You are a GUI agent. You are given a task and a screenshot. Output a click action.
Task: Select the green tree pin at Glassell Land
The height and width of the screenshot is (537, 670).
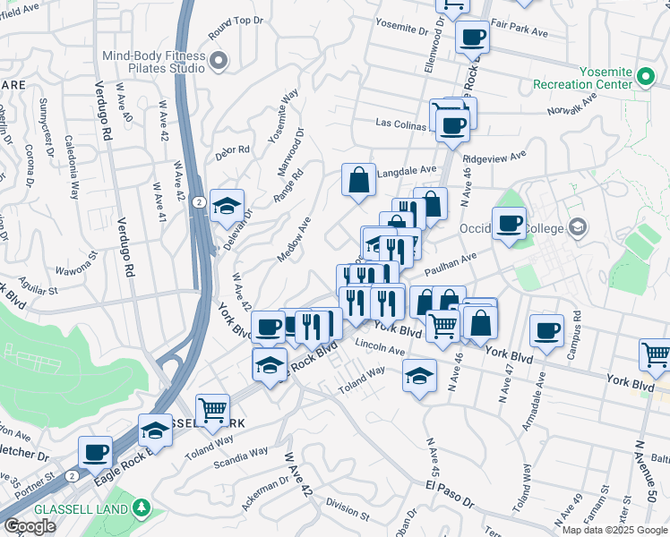point(140,508)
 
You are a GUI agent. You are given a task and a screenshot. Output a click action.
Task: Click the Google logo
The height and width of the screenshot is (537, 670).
point(30,526)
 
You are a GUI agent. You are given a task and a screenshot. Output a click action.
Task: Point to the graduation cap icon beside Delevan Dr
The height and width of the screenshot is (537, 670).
point(227,205)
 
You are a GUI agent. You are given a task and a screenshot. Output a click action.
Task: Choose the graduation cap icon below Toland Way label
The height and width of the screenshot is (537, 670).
point(418,376)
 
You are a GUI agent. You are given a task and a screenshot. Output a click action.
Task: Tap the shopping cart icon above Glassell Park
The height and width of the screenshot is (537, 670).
point(212,410)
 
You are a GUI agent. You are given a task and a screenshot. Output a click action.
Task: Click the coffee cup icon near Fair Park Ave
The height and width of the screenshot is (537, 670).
point(472,37)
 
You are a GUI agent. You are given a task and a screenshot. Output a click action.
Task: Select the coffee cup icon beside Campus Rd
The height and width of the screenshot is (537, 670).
point(545,330)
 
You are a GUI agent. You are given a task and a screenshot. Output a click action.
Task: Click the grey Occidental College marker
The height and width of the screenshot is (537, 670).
point(578,227)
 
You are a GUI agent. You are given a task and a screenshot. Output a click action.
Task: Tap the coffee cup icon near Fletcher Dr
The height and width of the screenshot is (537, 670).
point(95,452)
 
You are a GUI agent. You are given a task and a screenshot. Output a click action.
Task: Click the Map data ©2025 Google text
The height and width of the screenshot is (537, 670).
point(614,529)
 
